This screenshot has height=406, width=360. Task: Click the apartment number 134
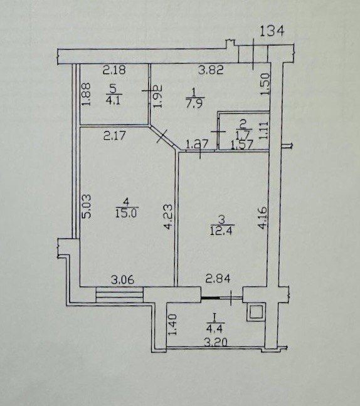pos(272,31)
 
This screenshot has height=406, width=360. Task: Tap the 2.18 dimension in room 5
pos(114,70)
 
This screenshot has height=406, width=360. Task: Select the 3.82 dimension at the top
pos(211,70)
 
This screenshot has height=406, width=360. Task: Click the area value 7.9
pos(196,103)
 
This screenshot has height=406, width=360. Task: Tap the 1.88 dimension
pos(85,94)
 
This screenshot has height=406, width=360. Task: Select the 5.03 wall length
pos(87,206)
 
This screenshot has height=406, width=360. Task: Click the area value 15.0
pos(127,214)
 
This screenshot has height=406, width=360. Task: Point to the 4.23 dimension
pos(167,217)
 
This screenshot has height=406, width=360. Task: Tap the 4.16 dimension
pos(262,217)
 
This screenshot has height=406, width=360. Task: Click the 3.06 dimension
pos(122,280)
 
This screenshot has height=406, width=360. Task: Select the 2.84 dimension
pos(218,279)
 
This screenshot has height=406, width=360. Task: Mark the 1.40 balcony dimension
pos(172,325)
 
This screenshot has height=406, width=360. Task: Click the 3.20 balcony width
pos(216,343)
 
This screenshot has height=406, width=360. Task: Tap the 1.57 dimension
pos(241,145)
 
